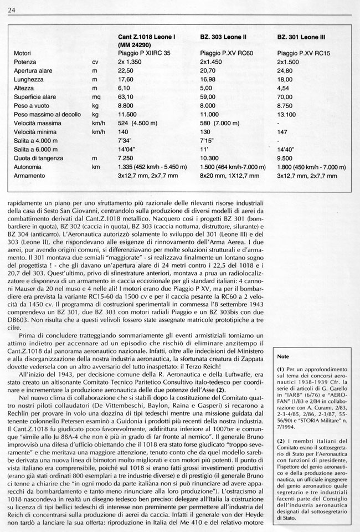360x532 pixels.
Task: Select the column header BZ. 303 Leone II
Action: point(223,37)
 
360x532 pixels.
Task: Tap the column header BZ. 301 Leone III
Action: point(301,37)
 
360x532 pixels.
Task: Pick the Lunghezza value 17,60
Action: point(126,80)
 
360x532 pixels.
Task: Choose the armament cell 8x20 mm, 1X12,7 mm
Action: point(229,176)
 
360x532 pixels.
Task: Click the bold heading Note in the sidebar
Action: point(284,357)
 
